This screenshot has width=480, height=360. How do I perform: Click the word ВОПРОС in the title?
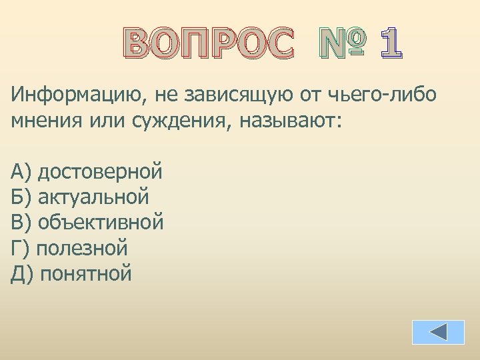pos(209,45)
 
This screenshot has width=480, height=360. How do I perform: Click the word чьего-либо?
pos(383,95)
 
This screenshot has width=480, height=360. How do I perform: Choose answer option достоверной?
pos(100,172)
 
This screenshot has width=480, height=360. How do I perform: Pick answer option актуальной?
pos(93,197)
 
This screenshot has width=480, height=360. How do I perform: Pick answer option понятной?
pos(86,273)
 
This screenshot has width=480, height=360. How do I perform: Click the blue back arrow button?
pos(438,332)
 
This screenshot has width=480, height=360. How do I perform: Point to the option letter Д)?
pos(22,273)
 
